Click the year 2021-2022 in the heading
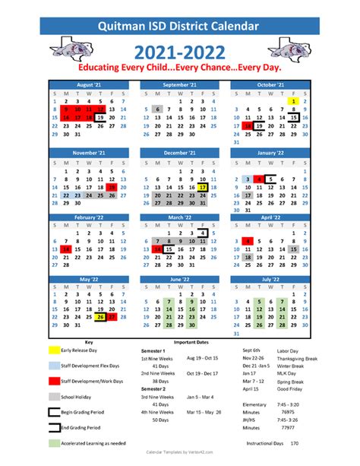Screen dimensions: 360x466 [x=179, y=52]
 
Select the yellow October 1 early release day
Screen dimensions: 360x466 [x=292, y=100]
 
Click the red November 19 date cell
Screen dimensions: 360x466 [x=112, y=185]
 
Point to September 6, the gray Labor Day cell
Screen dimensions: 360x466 [x=157, y=109]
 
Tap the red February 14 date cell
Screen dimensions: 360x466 [x=65, y=249]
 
